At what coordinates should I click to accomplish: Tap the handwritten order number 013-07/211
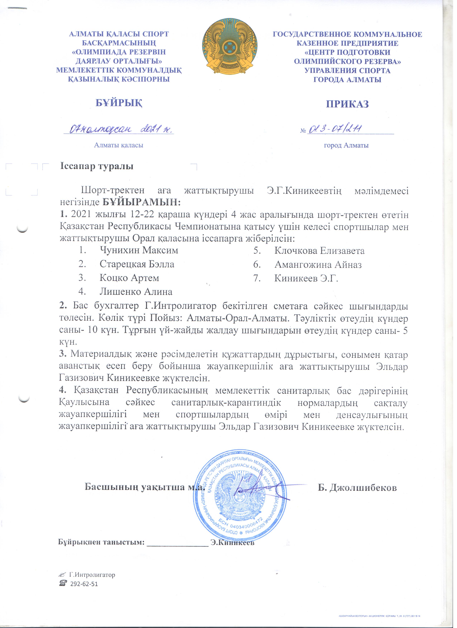(335, 129)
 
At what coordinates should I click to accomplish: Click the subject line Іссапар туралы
(97, 167)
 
